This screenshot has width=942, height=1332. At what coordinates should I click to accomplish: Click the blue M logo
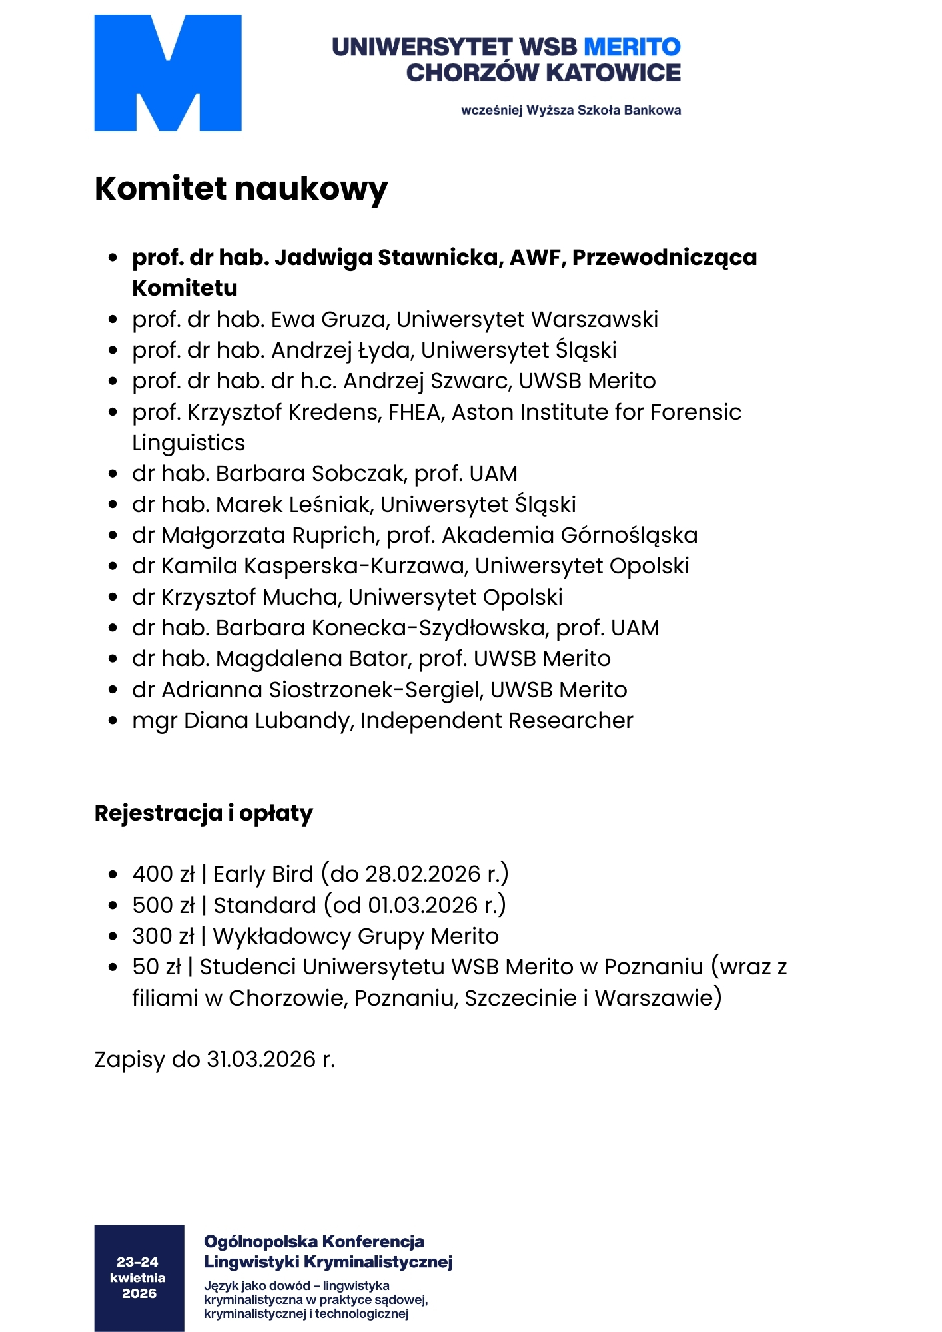coord(167,73)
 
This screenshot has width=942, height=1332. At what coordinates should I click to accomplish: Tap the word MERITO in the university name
coord(632,47)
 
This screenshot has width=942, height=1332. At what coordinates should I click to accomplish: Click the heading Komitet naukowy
coord(240,188)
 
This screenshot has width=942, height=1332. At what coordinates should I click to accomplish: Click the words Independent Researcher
coord(496,721)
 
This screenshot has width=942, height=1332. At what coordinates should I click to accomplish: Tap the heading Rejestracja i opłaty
coord(203,813)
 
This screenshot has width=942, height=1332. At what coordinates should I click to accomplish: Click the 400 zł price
coord(163,874)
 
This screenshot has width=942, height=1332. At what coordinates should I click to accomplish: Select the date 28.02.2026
coord(422,874)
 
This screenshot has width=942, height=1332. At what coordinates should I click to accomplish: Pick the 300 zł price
coord(163,936)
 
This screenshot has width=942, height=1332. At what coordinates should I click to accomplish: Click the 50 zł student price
coord(157,967)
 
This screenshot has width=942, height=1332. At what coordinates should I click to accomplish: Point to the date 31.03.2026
coord(261,1060)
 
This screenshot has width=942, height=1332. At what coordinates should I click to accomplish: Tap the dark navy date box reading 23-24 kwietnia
coord(139,1277)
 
